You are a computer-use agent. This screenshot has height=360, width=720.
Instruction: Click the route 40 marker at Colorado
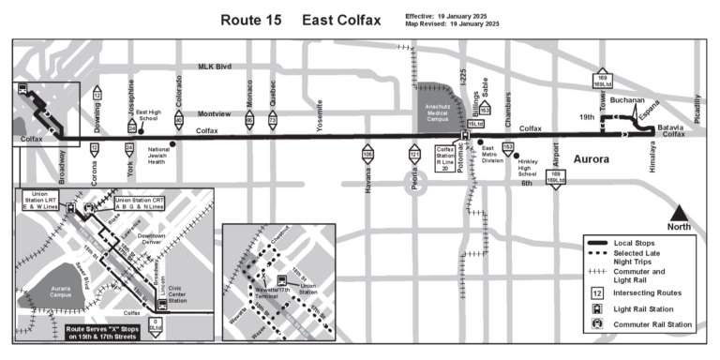[x=179, y=120]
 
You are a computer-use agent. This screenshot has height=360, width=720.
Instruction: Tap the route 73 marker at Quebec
[x=273, y=120]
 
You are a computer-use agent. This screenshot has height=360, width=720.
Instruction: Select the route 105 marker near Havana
[x=367, y=153]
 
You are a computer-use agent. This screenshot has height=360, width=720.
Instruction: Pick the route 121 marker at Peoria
[x=414, y=153]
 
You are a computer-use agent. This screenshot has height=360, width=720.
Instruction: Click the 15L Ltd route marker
[x=475, y=123]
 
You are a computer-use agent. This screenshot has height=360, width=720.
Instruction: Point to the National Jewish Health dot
[x=173, y=143]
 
